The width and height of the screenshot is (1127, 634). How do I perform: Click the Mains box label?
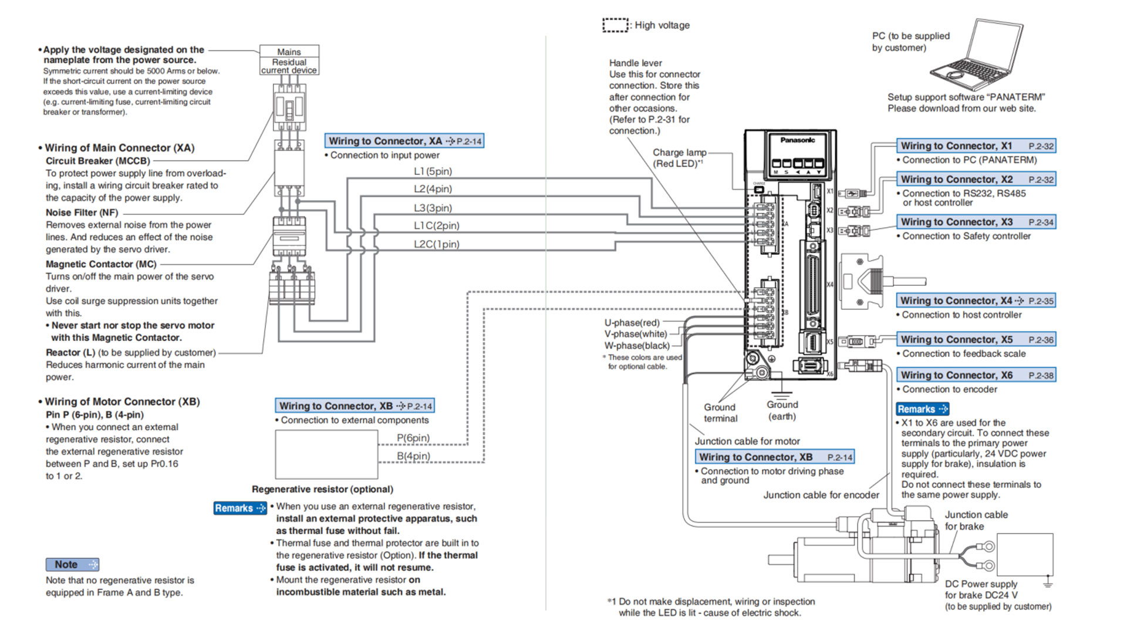tap(289, 52)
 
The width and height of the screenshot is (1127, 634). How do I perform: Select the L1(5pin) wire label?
tap(433, 171)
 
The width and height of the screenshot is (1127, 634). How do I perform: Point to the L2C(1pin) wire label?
tap(436, 244)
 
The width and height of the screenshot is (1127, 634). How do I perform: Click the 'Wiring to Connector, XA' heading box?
tap(404, 141)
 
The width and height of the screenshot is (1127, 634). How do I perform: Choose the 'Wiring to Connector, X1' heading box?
tap(976, 146)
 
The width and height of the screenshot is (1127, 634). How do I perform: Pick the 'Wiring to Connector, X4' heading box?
tap(976, 301)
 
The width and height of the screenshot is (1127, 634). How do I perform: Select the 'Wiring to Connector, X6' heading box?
tap(976, 375)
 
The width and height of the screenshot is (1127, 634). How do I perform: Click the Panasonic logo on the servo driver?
tap(797, 140)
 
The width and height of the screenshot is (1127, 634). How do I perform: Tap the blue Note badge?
tap(72, 564)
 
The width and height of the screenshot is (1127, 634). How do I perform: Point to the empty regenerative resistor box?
tap(326, 454)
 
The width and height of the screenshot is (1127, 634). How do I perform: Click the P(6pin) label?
tap(413, 438)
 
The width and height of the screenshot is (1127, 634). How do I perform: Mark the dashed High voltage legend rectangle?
tap(615, 25)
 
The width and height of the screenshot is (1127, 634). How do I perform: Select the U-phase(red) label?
tap(632, 323)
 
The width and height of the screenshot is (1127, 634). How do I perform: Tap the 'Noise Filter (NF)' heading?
tap(82, 213)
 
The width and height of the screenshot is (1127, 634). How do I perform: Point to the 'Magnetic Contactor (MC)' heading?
tap(101, 264)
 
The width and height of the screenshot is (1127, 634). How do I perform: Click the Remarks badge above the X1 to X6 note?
tap(922, 409)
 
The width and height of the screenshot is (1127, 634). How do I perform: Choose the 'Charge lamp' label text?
tap(679, 153)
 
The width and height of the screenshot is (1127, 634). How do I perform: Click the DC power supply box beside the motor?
tap(1024, 555)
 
